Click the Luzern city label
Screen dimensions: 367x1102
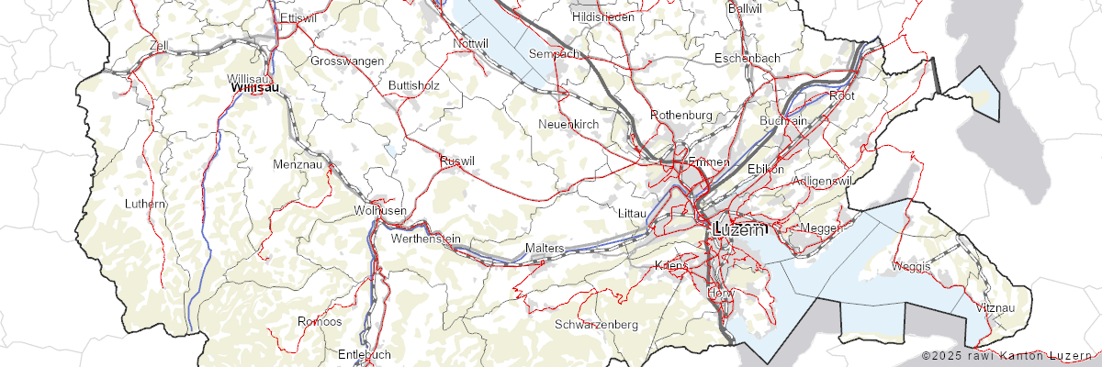click(x=738, y=229)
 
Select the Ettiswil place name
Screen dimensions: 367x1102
click(x=298, y=17)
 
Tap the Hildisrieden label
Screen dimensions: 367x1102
click(x=602, y=17)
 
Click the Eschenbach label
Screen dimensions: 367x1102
click(x=747, y=58)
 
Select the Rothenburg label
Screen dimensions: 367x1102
click(x=681, y=115)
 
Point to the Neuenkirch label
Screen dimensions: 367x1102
click(x=568, y=123)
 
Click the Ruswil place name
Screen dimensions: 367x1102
click(x=457, y=161)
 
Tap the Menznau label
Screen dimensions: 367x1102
click(x=297, y=164)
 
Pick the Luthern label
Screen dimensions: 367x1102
click(x=146, y=203)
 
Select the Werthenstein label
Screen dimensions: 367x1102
click(x=425, y=239)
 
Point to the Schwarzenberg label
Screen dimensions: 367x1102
click(x=596, y=325)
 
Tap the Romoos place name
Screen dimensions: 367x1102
click(x=320, y=321)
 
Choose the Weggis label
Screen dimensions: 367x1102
click(x=911, y=266)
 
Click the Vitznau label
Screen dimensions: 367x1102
click(x=996, y=306)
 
